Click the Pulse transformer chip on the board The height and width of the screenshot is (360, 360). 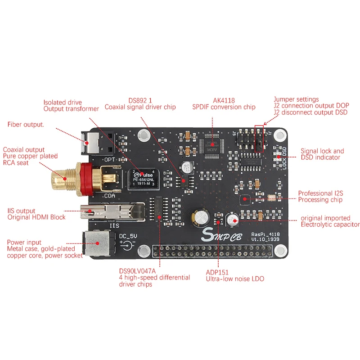click(143, 178)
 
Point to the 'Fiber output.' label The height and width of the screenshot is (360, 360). click(26, 124)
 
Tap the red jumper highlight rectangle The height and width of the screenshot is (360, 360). click(260, 139)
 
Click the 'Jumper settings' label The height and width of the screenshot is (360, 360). click(296, 99)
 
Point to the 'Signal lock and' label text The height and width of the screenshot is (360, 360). click(322, 151)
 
